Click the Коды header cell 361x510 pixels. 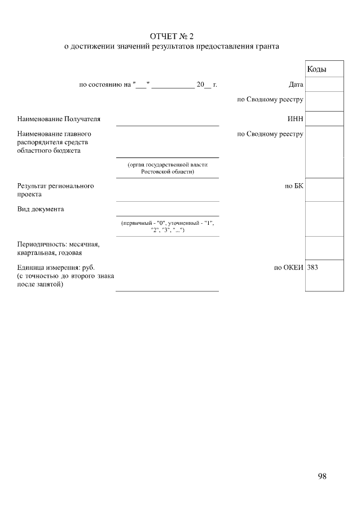click(x=316, y=69)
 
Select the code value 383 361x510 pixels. click(x=313, y=268)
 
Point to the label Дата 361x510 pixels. click(x=296, y=85)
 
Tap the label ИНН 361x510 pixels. click(x=296, y=119)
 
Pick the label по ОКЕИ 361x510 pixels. click(x=289, y=268)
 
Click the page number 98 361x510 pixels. click(x=322, y=476)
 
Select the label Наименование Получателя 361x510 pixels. click(x=59, y=119)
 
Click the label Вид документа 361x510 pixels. click(x=41, y=209)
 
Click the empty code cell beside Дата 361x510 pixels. click(x=324, y=85)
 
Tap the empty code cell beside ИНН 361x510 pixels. click(x=324, y=118)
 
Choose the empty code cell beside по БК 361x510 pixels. click(x=324, y=189)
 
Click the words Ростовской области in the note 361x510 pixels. click(x=168, y=171)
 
